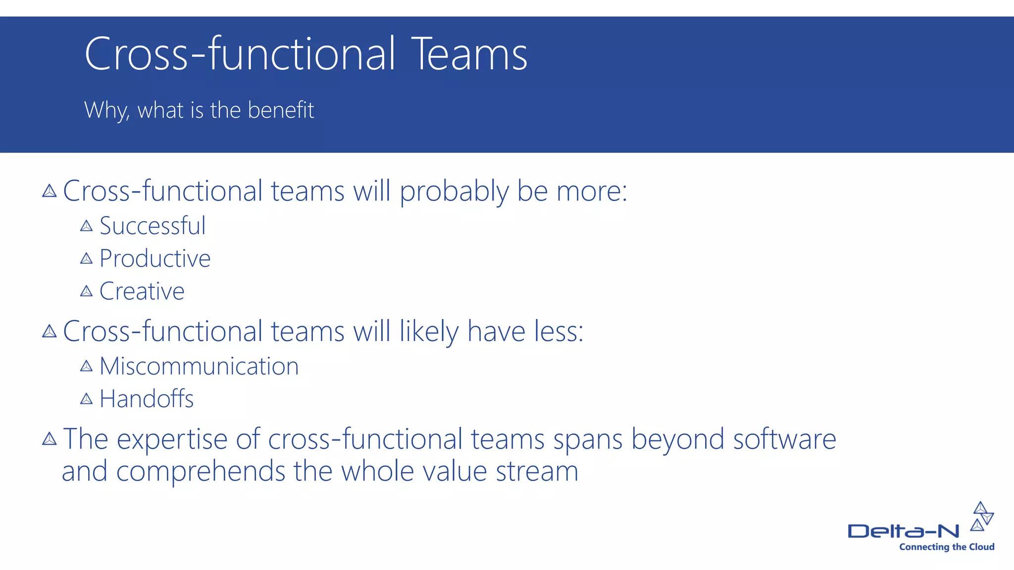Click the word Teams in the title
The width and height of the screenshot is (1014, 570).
coord(469,54)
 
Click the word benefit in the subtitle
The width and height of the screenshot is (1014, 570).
coord(281,110)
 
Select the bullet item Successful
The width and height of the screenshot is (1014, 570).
coord(152,226)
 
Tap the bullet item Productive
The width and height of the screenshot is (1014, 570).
coord(155,259)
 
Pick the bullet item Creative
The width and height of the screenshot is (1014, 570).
coord(142,291)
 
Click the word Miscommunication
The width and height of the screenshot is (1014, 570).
coord(199,367)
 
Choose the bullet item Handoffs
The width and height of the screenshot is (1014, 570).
coord(147,399)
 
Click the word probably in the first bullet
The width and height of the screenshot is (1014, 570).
coord(454,192)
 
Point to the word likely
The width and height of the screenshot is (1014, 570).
coord(429,332)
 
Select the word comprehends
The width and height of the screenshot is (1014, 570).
coord(201,472)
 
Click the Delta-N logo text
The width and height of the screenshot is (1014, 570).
coord(903,531)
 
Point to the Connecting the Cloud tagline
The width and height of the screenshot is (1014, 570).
coord(946,547)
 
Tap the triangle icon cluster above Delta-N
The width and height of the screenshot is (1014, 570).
coord(982,516)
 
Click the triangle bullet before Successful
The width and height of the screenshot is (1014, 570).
coord(86,226)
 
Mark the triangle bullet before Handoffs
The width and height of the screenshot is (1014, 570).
coord(86,399)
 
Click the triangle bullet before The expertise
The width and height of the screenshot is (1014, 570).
coord(49,439)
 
